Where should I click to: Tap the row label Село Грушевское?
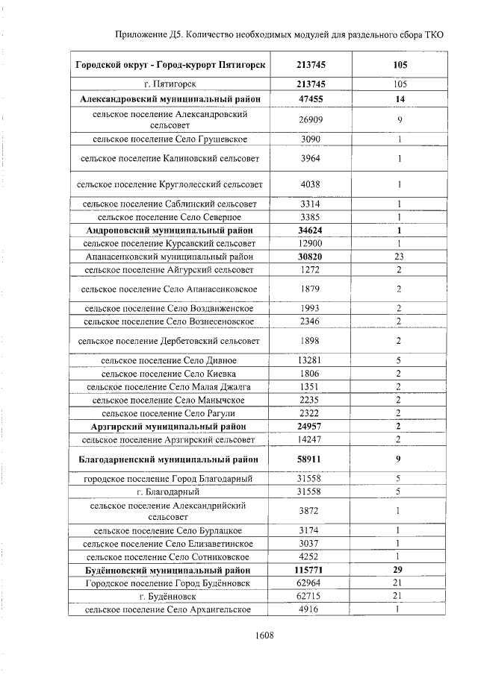(170, 139)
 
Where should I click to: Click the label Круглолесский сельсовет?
(170, 184)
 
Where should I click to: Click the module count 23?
(399, 256)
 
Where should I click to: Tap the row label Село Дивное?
(170, 360)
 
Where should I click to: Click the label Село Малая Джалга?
(170, 386)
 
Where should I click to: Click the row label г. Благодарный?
(169, 492)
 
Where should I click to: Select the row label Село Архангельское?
(170, 609)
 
